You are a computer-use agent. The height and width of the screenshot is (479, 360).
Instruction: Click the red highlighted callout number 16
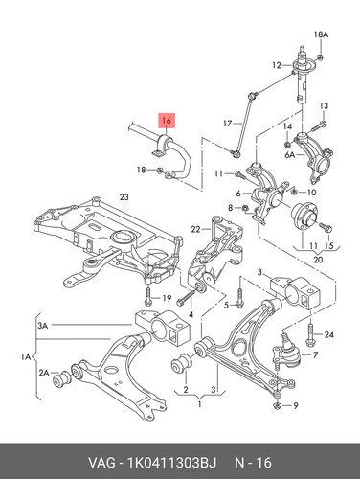167,121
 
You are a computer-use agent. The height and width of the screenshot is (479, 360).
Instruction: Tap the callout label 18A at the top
321,34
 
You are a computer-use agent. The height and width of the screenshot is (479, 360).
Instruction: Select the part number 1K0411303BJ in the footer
171,463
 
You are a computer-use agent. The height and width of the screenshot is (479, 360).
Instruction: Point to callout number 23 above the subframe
124,197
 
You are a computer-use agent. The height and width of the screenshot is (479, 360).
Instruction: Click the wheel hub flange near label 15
304,217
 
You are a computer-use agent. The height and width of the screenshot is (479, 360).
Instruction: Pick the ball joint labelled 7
286,353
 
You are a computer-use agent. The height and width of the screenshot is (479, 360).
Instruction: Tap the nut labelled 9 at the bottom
277,406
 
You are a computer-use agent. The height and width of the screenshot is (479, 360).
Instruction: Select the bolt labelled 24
310,334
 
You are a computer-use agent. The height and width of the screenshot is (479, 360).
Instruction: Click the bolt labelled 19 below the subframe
148,296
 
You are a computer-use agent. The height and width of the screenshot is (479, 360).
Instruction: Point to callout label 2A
44,373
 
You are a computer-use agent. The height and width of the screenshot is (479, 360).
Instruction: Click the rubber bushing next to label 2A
62,378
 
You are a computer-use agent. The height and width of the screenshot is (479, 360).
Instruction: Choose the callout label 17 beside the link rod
227,123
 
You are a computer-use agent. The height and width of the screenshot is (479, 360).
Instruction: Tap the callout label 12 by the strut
277,65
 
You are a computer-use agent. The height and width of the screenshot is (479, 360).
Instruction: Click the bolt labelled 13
317,126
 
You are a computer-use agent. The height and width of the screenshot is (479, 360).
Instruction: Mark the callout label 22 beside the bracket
195,229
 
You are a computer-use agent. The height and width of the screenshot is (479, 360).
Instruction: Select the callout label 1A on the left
26,356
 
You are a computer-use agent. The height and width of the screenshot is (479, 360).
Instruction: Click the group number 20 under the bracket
318,260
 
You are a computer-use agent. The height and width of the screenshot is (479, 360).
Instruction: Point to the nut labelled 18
160,171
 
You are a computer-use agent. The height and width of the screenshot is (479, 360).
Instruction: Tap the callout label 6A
290,155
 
